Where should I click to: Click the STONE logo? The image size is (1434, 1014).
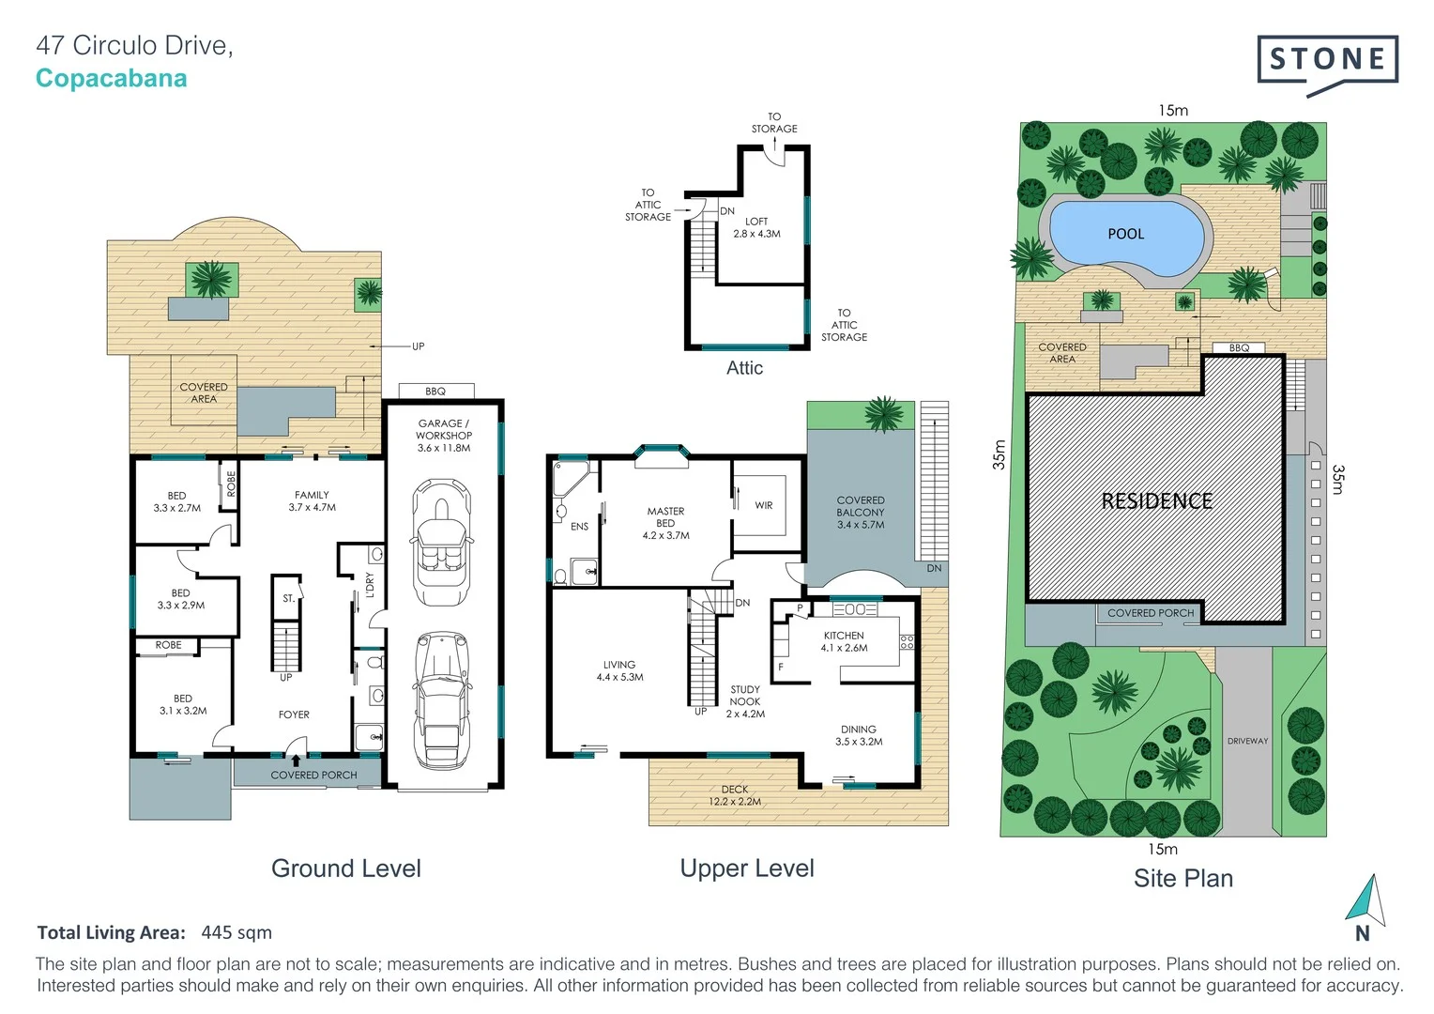click(1327, 61)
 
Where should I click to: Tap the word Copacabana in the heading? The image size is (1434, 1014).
click(111, 79)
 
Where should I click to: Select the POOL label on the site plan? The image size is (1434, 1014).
click(1125, 234)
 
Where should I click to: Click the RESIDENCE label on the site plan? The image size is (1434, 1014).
click(1156, 501)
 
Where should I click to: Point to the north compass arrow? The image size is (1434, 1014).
click(1365, 899)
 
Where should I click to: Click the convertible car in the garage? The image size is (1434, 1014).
click(442, 542)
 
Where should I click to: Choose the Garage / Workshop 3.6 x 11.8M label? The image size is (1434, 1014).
click(444, 436)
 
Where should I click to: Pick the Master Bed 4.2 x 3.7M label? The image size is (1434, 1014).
click(665, 523)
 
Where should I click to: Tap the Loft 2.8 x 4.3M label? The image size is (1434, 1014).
click(756, 228)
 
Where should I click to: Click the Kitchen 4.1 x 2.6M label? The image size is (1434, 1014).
click(844, 641)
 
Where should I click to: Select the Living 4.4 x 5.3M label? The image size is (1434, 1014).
click(619, 670)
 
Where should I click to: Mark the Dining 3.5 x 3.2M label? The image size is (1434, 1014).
click(858, 735)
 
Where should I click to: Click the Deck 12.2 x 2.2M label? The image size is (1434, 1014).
click(735, 795)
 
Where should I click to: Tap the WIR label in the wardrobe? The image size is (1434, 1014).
click(764, 505)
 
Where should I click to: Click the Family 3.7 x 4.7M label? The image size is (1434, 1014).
click(312, 500)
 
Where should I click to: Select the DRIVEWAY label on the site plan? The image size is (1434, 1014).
click(1247, 741)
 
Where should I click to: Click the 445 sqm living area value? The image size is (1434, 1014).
click(236, 932)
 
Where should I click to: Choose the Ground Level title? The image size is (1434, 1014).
click(345, 868)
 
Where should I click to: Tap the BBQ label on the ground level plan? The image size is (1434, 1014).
click(435, 392)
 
